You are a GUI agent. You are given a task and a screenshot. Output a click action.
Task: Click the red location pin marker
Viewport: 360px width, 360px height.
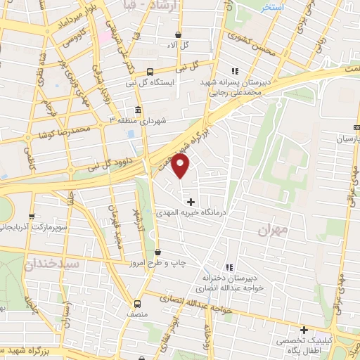[x=181, y=167]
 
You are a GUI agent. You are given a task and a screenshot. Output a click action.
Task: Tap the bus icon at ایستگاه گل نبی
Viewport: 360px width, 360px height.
[x=150, y=71]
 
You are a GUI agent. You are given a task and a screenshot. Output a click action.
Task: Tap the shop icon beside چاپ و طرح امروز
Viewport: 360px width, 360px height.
[x=157, y=252]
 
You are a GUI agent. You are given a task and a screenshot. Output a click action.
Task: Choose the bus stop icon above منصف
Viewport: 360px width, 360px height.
[x=138, y=304]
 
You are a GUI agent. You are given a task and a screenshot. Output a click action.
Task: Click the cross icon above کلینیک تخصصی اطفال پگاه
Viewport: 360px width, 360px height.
[x=304, y=330]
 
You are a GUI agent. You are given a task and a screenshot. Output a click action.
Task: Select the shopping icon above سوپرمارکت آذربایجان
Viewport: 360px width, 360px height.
[x=31, y=217]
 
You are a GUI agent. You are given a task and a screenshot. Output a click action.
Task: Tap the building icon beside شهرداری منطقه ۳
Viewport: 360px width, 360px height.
[x=137, y=110]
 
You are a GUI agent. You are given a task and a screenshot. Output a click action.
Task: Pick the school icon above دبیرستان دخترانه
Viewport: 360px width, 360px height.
[x=229, y=267]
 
